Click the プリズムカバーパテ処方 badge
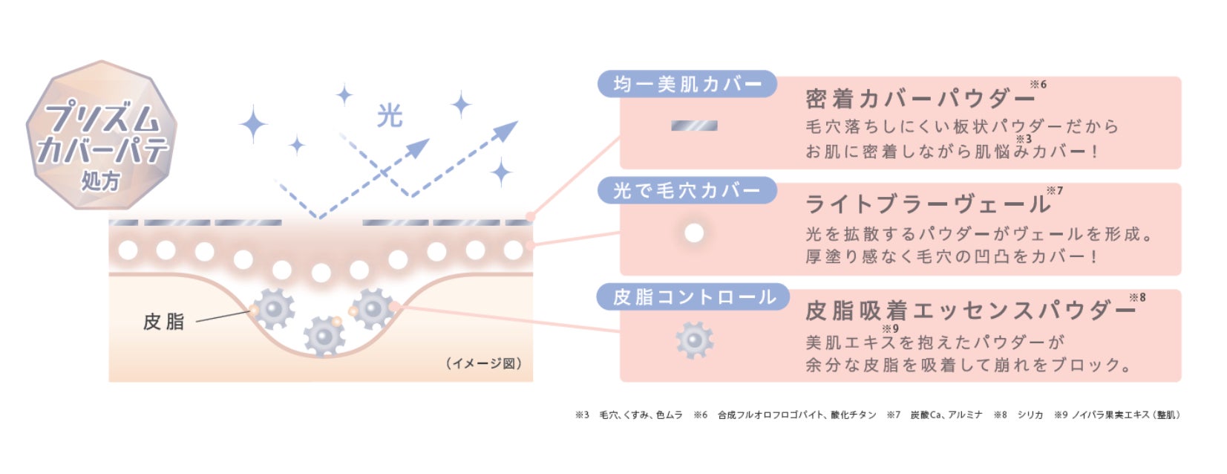101,135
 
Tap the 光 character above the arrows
389,116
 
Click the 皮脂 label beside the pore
163,321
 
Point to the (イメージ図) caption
485,363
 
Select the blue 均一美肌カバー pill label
687,84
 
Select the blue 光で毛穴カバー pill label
687,191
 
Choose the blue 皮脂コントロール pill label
693,297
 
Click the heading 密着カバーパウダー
920,99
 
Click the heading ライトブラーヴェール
927,204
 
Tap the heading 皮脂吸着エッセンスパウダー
969,310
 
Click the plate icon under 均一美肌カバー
694,126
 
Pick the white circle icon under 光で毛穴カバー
694,233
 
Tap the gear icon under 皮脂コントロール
694,340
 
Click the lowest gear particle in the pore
324,337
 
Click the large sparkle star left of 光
253,124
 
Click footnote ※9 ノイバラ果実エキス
1116,415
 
